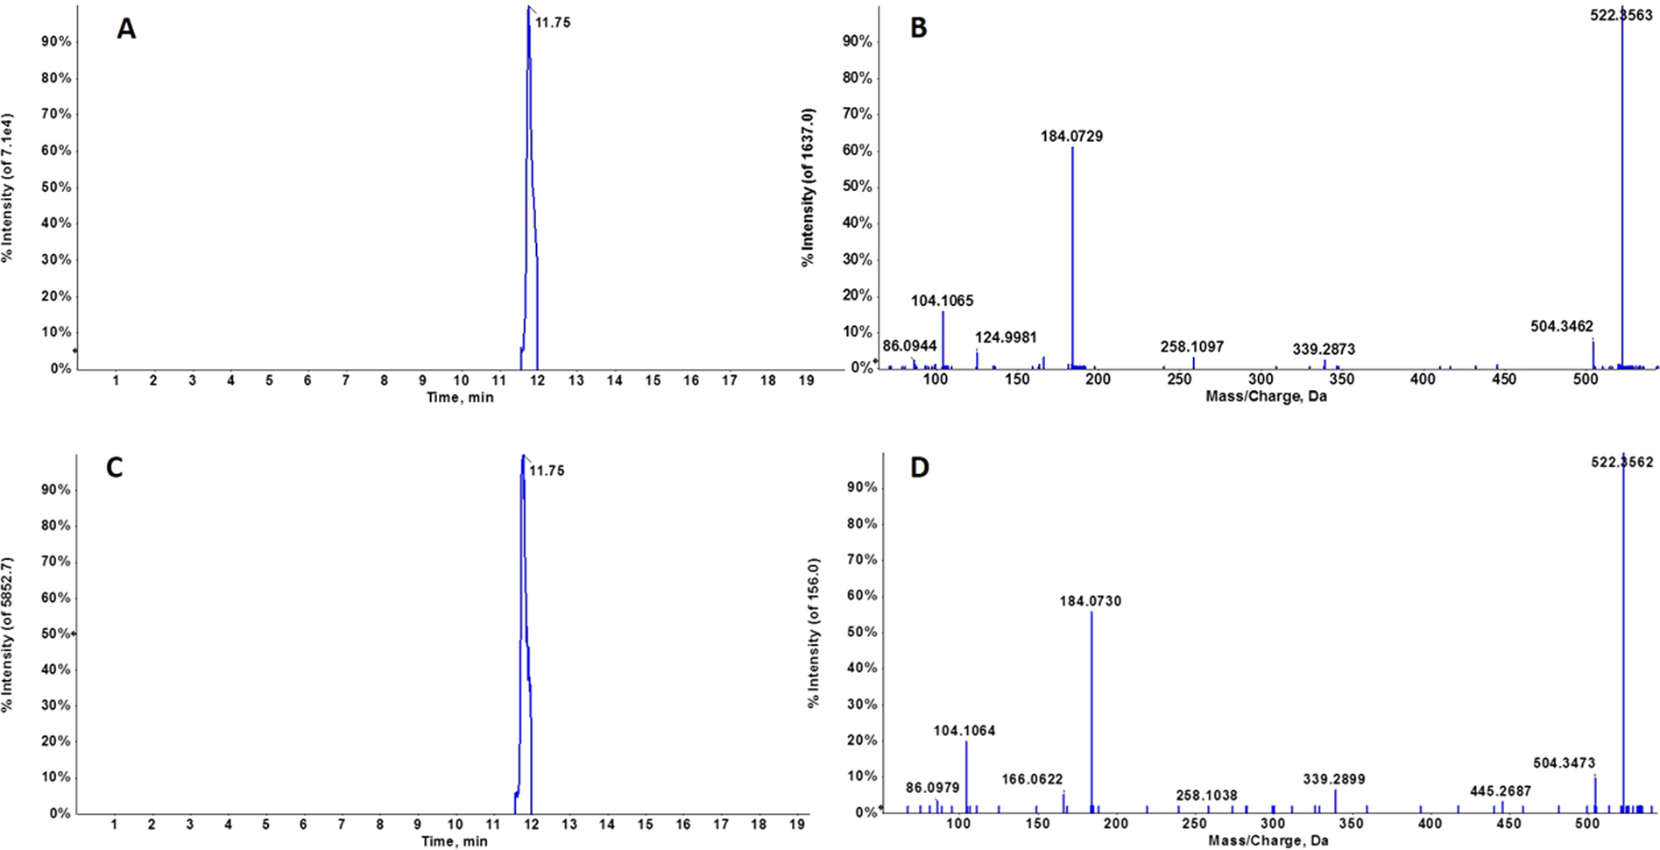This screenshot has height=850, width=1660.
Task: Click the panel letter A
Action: click(x=127, y=29)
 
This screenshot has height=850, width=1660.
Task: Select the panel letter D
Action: click(x=920, y=467)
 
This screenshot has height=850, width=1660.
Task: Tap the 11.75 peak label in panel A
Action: click(x=553, y=23)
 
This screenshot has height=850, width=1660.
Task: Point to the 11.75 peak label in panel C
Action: click(x=547, y=471)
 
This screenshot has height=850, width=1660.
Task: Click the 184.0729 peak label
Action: click(x=1071, y=136)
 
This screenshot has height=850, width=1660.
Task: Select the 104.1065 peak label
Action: click(x=942, y=301)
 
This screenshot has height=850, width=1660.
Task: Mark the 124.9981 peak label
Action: click(x=1006, y=337)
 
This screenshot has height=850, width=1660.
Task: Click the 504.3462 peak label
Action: click(x=1562, y=327)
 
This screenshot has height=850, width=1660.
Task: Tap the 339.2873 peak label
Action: click(x=1324, y=349)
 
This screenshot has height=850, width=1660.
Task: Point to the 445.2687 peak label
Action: click(x=1501, y=792)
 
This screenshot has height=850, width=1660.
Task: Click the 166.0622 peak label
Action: click(x=1033, y=779)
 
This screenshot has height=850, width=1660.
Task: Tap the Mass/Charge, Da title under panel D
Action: click(x=1268, y=841)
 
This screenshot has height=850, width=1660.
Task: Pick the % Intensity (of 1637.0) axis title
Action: click(x=808, y=188)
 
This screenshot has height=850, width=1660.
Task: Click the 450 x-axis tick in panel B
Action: click(x=1504, y=379)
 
